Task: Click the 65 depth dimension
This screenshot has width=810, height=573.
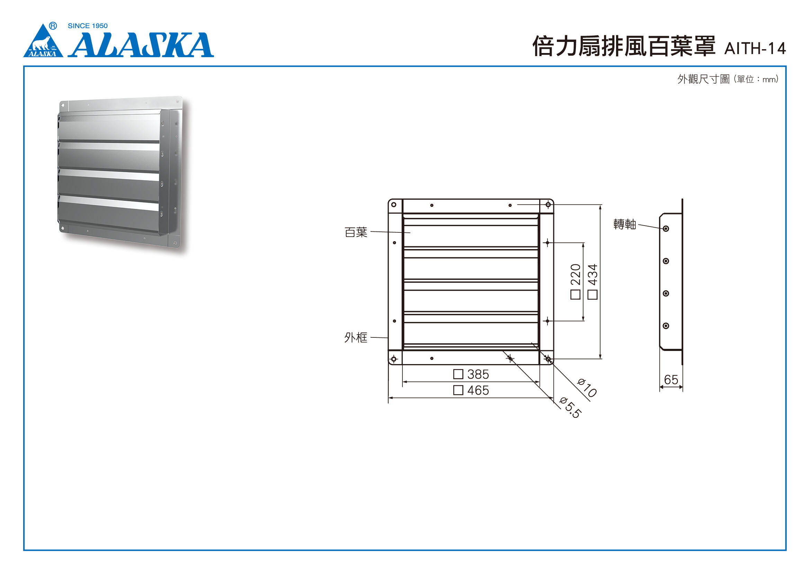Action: click(x=671, y=380)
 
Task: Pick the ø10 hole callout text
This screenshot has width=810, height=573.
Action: click(x=586, y=388)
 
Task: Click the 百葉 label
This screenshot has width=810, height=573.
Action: click(x=356, y=232)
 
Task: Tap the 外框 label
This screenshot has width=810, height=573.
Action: click(x=356, y=338)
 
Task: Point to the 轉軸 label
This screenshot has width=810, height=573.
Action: click(x=625, y=224)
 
